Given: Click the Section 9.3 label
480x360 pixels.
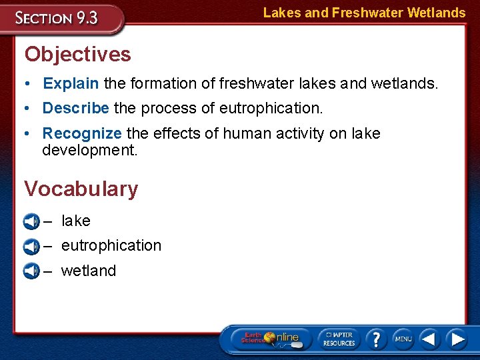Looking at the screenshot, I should [58, 18].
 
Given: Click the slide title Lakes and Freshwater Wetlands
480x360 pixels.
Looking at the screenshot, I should [364, 13].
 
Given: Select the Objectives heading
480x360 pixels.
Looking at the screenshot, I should [78, 54].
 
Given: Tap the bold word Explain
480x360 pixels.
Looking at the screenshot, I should [71, 83].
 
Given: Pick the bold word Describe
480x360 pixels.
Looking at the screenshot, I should [76, 108].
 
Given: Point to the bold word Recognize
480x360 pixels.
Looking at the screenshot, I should [82, 133].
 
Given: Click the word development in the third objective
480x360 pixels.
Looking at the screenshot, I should [89, 150].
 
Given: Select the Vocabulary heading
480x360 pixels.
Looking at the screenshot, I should [81, 189].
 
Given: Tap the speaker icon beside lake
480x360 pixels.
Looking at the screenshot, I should [31, 221].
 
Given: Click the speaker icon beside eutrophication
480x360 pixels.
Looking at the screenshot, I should [31, 247].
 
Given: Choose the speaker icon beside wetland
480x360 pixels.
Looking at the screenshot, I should [31, 271].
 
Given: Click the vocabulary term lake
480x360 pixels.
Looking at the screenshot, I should [75, 221].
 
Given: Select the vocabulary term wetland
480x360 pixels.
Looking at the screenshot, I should [88, 271].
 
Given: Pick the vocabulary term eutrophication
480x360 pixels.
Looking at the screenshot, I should [111, 245].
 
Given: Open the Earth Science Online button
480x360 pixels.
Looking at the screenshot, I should [269, 339].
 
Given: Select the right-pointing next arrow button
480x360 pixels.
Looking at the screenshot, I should [457, 339].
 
